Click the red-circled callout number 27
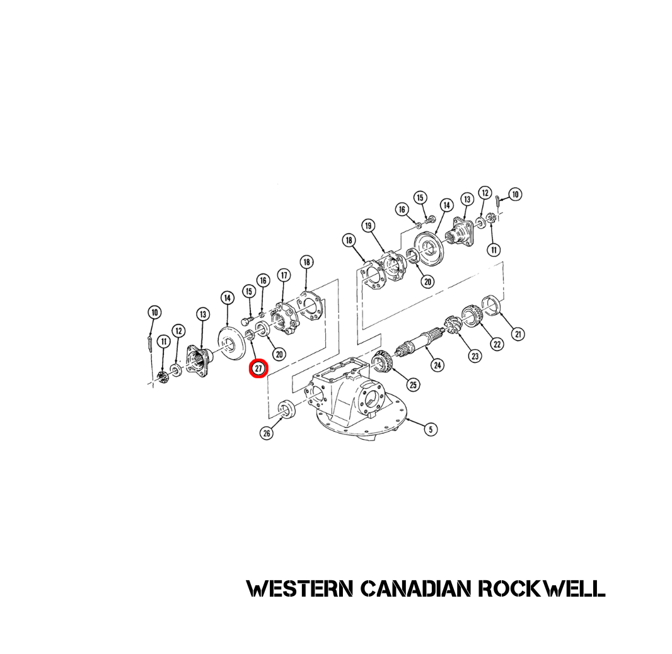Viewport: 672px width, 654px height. [x=258, y=369]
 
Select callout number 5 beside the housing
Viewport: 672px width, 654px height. [x=430, y=429]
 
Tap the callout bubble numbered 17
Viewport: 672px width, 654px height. [x=284, y=275]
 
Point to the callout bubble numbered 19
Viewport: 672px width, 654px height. [x=368, y=226]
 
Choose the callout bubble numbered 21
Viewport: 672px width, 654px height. [x=518, y=334]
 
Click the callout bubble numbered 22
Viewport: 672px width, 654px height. [x=497, y=344]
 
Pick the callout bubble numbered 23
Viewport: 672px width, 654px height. [x=475, y=356]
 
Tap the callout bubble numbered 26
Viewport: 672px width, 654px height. [x=267, y=433]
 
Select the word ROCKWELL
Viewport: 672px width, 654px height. [x=542, y=589]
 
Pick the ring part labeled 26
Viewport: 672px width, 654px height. [x=285, y=409]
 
